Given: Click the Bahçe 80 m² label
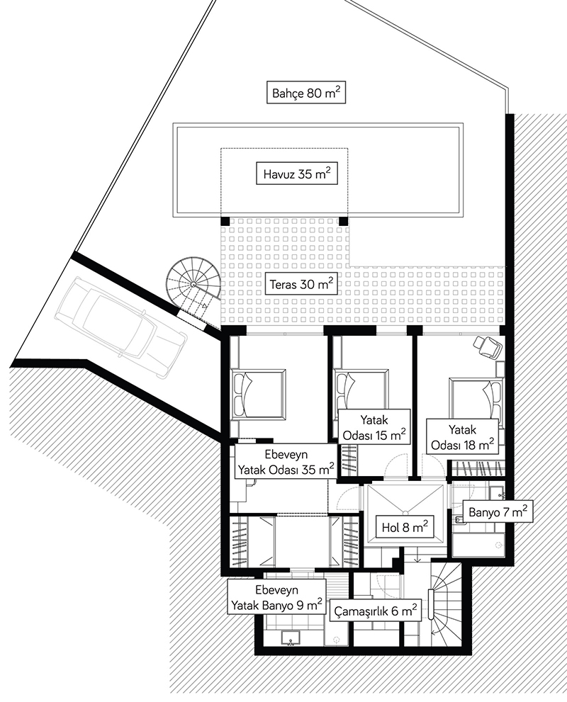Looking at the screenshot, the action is [306, 93].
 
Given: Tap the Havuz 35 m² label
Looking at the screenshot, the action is [296, 174].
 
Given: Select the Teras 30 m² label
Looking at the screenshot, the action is [301, 284].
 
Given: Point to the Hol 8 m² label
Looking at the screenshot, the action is [405, 527].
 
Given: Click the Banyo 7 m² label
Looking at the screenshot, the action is [497, 511].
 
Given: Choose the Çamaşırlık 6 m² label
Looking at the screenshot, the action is [376, 611].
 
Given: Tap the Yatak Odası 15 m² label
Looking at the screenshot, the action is [374, 426].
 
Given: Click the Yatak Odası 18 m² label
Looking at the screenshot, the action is [462, 436].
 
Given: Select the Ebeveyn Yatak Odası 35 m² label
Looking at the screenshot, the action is [286, 462].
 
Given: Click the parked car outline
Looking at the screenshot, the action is [121, 327].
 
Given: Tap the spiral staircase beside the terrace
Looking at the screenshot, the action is [193, 286].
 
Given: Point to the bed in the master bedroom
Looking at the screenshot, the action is [258, 395].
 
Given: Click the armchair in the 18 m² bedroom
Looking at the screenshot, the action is [488, 346].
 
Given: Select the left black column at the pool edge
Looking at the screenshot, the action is [225, 221].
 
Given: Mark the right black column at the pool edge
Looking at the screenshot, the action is [343, 221].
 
